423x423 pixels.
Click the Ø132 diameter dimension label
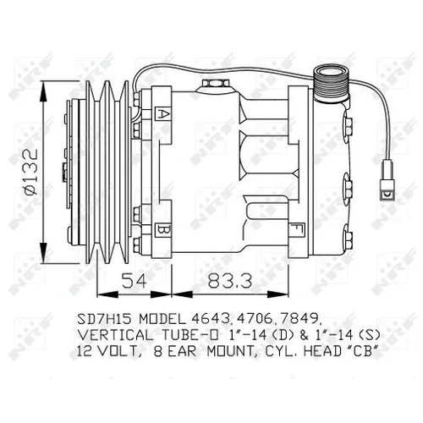click(x=31, y=172)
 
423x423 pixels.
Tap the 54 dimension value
click(x=135, y=280)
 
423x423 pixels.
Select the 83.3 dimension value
click(x=229, y=280)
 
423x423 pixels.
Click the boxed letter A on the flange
click(x=163, y=114)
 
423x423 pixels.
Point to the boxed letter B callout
click(x=163, y=230)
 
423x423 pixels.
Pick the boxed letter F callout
click(x=296, y=230)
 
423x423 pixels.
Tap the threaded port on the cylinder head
click(x=332, y=84)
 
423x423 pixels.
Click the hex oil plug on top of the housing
click(x=215, y=84)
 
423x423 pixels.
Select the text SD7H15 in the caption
click(x=104, y=319)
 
